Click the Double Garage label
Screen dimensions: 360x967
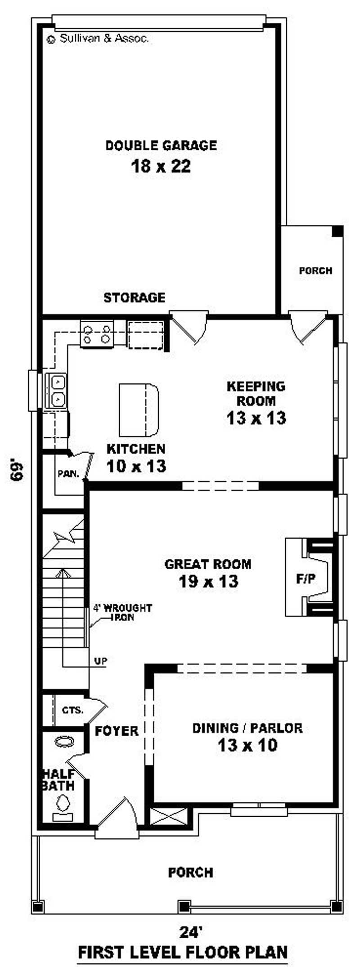click(x=161, y=145)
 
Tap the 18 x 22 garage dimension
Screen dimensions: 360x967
click(x=161, y=166)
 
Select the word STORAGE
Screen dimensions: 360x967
click(x=135, y=297)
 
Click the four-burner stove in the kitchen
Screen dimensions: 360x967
click(x=97, y=334)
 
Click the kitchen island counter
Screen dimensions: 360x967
click(x=139, y=410)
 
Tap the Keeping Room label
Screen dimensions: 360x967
click(x=256, y=393)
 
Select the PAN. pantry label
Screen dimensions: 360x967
click(x=68, y=474)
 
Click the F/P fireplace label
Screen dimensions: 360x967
click(x=306, y=579)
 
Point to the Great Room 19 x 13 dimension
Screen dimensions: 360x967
click(x=208, y=581)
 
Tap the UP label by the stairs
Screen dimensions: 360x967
click(x=101, y=661)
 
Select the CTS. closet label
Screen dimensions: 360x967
click(x=73, y=711)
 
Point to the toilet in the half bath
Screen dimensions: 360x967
click(x=63, y=805)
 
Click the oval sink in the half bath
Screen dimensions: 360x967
click(x=64, y=742)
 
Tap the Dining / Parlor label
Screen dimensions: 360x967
click(x=247, y=728)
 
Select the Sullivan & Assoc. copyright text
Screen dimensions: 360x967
click(x=98, y=39)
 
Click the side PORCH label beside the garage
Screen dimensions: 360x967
click(x=316, y=271)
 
